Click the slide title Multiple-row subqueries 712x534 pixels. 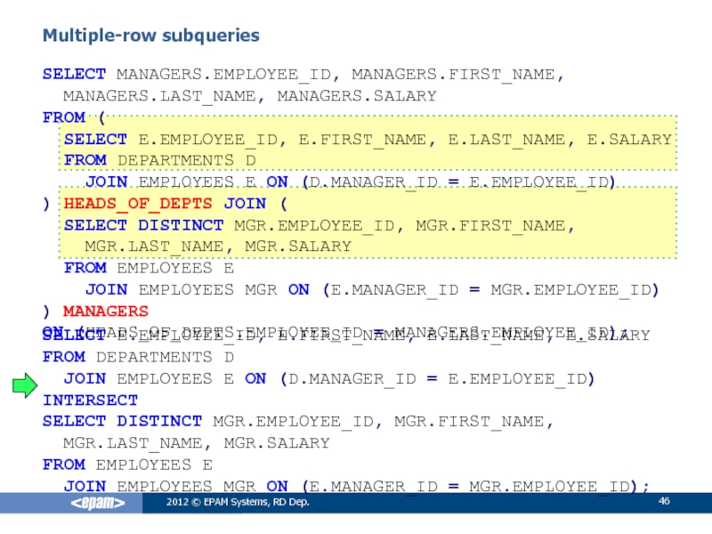coord(151,36)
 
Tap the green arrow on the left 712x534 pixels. coord(25,384)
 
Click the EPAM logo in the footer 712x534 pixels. coord(98,505)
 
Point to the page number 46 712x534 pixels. coord(663,505)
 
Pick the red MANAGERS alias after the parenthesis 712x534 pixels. coord(106,311)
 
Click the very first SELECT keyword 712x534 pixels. coord(75,73)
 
